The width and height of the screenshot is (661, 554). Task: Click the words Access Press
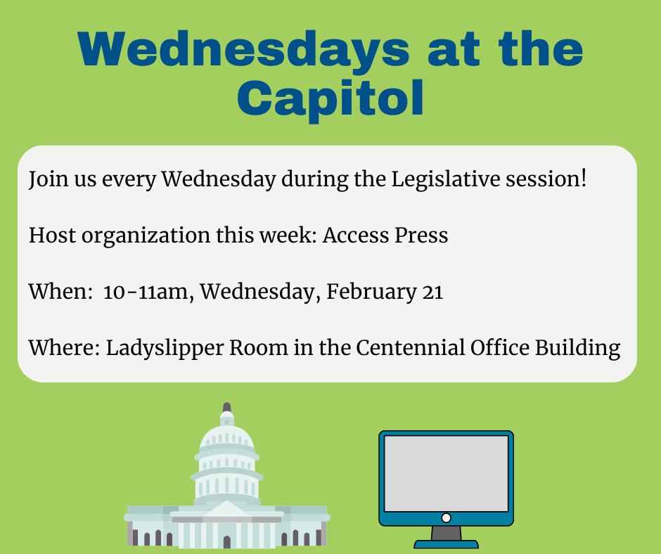(x=385, y=236)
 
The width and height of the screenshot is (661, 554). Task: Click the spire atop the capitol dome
(x=226, y=410)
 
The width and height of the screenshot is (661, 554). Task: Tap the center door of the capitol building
(x=226, y=541)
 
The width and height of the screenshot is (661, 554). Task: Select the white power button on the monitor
(x=446, y=518)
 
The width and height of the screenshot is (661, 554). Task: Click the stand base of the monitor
(x=446, y=543)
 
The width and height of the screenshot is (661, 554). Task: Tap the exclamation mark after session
(x=582, y=179)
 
